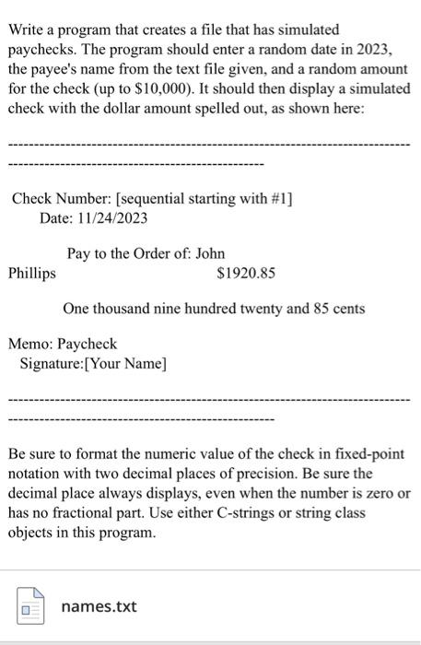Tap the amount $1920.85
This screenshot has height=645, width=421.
[x=245, y=273]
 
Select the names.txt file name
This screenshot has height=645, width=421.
[x=99, y=606]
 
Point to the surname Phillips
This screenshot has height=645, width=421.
[x=32, y=273]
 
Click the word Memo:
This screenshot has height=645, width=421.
[x=29, y=345]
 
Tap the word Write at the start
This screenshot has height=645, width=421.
[x=28, y=29]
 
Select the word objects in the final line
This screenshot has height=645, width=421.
[x=32, y=534]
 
